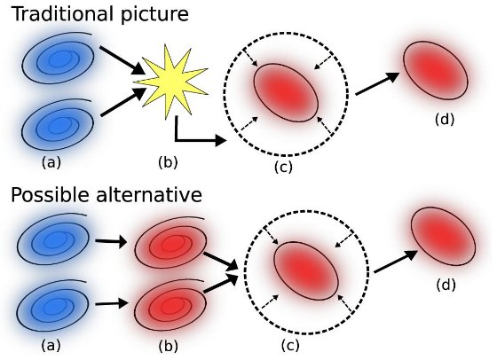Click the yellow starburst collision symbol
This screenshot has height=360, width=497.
tap(170, 83)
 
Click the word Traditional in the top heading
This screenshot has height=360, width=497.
tap(62, 14)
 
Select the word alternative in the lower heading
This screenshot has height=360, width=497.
tap(149, 194)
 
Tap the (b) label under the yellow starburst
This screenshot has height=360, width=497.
tap(168, 163)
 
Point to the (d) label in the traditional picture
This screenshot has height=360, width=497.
tap(445, 120)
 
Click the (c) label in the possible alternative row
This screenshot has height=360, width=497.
tap(290, 345)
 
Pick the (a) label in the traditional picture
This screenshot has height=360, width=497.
tap(51, 163)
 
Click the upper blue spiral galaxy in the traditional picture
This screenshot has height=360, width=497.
tap(59, 59)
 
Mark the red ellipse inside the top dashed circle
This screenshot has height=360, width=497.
tap(286, 93)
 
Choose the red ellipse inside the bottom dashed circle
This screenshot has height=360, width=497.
tap(306, 270)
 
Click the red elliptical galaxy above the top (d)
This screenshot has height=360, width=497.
tap(436, 70)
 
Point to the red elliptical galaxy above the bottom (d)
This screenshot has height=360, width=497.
tap(444, 236)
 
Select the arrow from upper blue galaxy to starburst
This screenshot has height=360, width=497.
tap(122, 60)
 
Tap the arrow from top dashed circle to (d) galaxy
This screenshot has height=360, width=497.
tap(377, 83)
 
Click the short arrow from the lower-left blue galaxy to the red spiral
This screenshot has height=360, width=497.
tap(112, 304)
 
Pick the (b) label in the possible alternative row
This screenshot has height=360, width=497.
tap(168, 346)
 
